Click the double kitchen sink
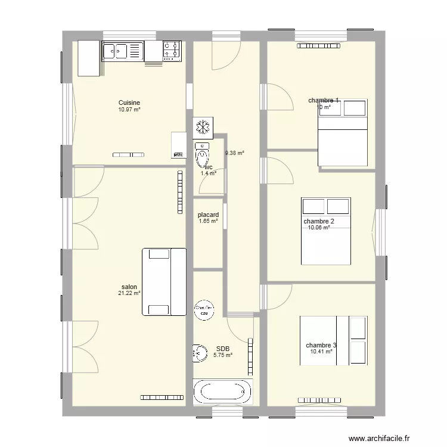pyautogui.click(x=123, y=51)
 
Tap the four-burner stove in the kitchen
pyautogui.click(x=172, y=51)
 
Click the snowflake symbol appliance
pyautogui.click(x=202, y=127)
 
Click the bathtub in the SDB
pyautogui.click(x=222, y=393)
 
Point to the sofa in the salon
pyautogui.click(x=164, y=282)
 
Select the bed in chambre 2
pyautogui.click(x=325, y=231)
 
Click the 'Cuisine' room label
pyautogui.click(x=129, y=103)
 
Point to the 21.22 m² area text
pyautogui.click(x=129, y=293)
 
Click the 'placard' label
pyautogui.click(x=209, y=215)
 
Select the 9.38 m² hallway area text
pyautogui.click(x=234, y=153)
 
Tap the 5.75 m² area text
pyautogui.click(x=223, y=355)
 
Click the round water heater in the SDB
pyautogui.click(x=204, y=309)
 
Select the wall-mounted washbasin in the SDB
pyautogui.click(x=197, y=353)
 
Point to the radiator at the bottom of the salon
pyautogui.click(x=162, y=397)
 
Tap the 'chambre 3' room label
pyautogui.click(x=321, y=345)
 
